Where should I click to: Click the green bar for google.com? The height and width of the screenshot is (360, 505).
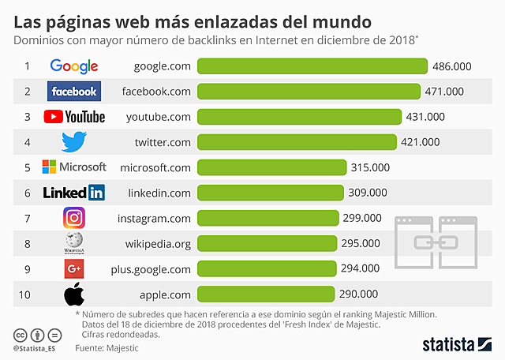(312, 66)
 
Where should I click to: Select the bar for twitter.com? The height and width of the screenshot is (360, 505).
(296, 142)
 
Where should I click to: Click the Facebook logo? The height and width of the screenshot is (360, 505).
(73, 92)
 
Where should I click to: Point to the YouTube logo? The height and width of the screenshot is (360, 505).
(74, 117)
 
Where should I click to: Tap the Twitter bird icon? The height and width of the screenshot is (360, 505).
(74, 142)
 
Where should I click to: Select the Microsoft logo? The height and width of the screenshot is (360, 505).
(73, 167)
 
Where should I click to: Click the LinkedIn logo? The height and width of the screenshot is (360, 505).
(73, 193)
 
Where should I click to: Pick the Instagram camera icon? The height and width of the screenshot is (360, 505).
(74, 218)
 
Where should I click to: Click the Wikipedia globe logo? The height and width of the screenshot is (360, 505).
(74, 243)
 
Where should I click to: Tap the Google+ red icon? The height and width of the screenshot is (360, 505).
(74, 268)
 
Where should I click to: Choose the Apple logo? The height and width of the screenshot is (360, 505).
(74, 294)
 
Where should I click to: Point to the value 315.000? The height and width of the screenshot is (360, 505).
(371, 167)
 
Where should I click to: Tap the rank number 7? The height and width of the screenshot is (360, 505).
(27, 218)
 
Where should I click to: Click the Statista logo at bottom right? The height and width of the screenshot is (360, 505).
(456, 343)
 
